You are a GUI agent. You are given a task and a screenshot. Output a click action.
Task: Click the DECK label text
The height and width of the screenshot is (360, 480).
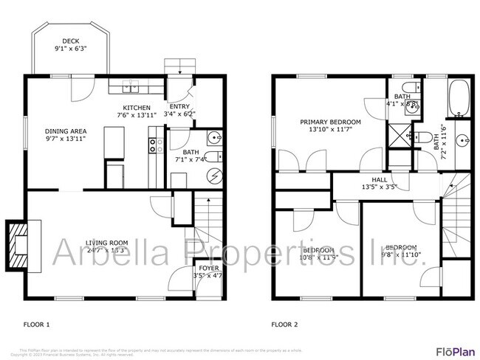tap(71, 41)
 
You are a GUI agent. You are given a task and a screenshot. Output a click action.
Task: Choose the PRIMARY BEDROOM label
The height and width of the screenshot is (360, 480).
tap(330, 122)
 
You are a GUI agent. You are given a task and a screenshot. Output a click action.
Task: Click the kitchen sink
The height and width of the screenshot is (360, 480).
tap(130, 89)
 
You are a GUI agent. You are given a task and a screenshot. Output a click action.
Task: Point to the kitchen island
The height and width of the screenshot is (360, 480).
tap(114, 142)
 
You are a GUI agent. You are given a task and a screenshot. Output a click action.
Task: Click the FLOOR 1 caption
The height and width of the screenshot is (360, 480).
tap(37, 324)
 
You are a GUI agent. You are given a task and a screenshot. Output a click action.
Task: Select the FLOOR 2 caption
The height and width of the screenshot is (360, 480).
tap(284, 324)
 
